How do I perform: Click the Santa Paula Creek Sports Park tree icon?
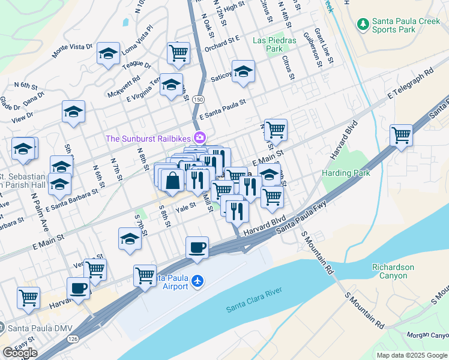point(363,24)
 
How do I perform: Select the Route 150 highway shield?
point(199,98)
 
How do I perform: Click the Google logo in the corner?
point(20,352)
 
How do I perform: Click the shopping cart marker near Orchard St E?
point(179,53)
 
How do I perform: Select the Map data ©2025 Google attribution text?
point(412,355)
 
